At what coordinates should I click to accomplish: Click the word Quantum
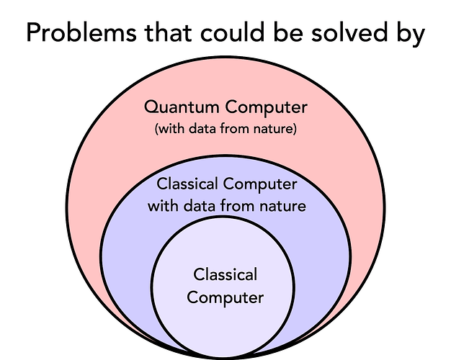[182, 108]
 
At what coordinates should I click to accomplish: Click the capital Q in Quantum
[151, 108]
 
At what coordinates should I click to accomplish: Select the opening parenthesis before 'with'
[157, 130]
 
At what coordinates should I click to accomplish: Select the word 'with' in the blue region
[162, 205]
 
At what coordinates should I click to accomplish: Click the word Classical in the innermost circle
[225, 274]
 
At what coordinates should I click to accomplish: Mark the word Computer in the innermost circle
[225, 297]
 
